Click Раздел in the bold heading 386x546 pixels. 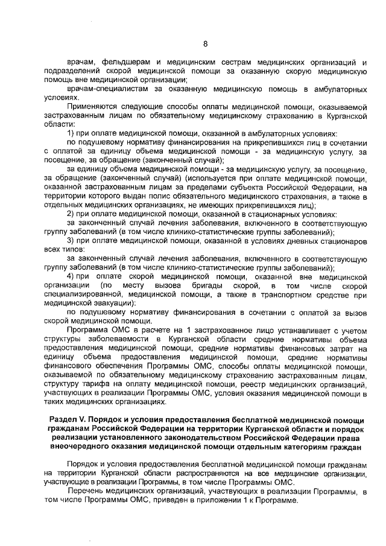coord(63,419)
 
